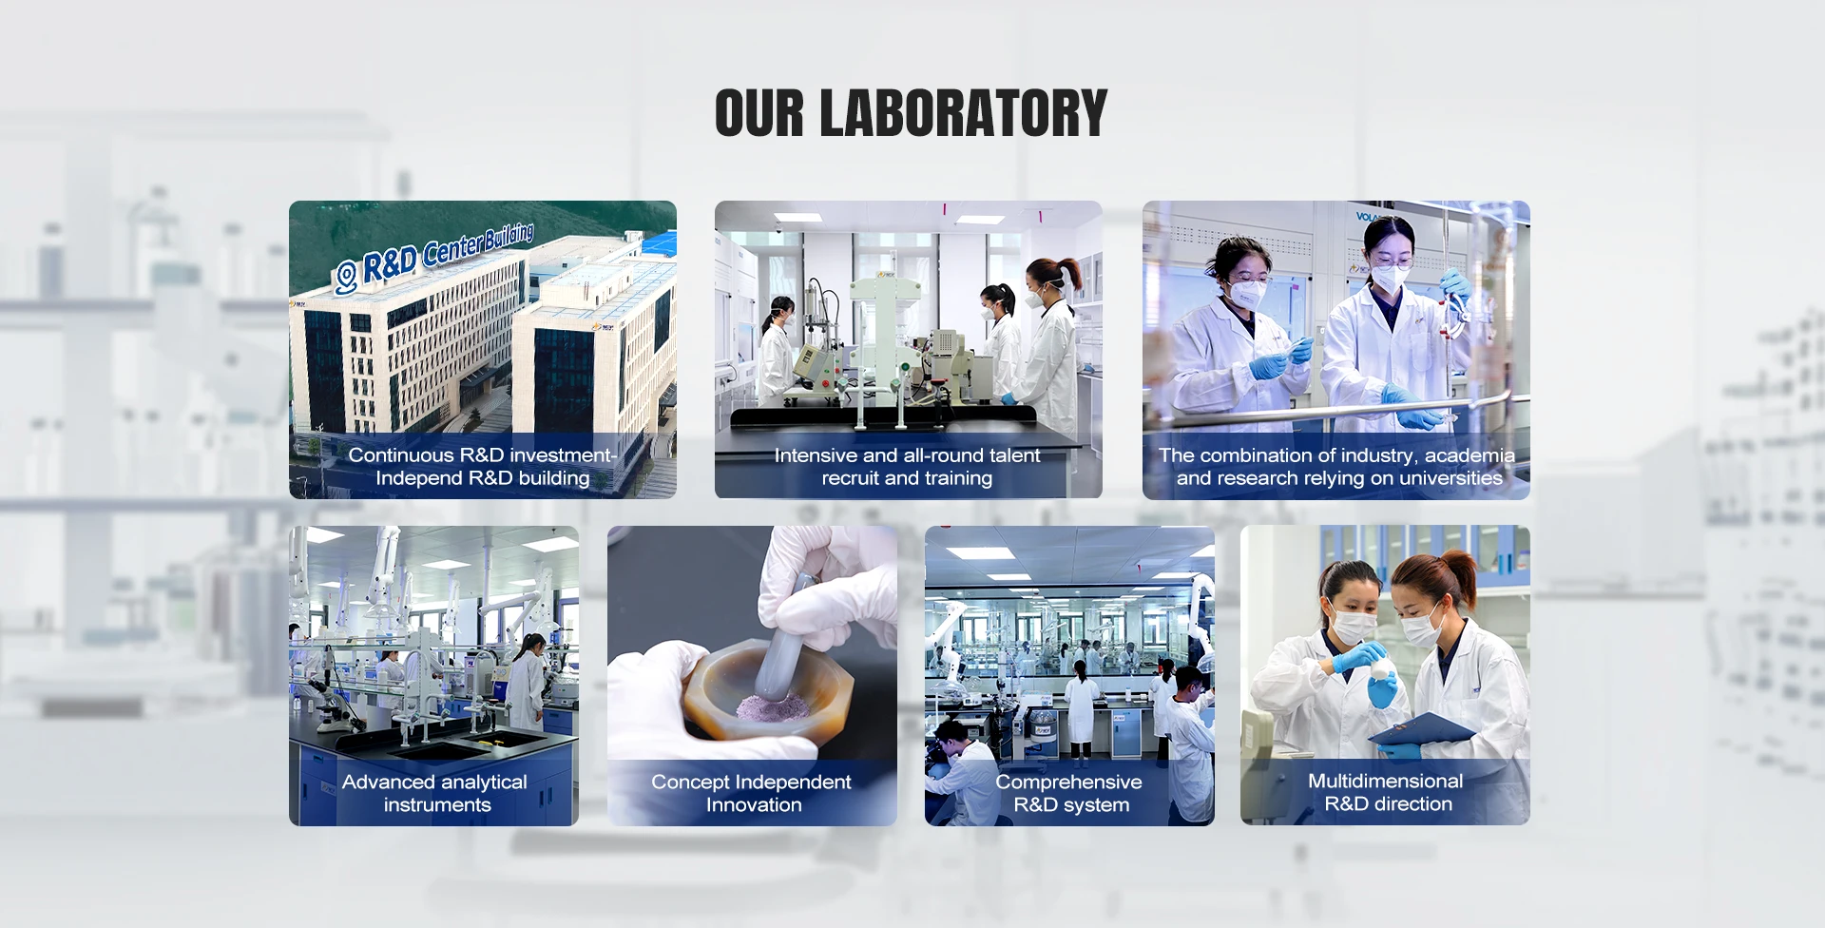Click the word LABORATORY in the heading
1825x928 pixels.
963,113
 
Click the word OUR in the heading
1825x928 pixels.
759,113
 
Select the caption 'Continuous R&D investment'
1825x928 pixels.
482,455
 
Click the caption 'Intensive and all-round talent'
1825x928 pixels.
907,455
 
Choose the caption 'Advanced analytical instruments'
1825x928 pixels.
434,793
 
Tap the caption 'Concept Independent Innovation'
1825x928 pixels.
751,793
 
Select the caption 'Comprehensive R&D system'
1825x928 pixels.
1069,793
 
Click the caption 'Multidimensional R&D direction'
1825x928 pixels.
1386,792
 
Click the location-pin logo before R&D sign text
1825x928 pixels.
346,277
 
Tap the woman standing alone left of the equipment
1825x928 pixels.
778,352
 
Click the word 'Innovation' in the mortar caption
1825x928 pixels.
754,805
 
